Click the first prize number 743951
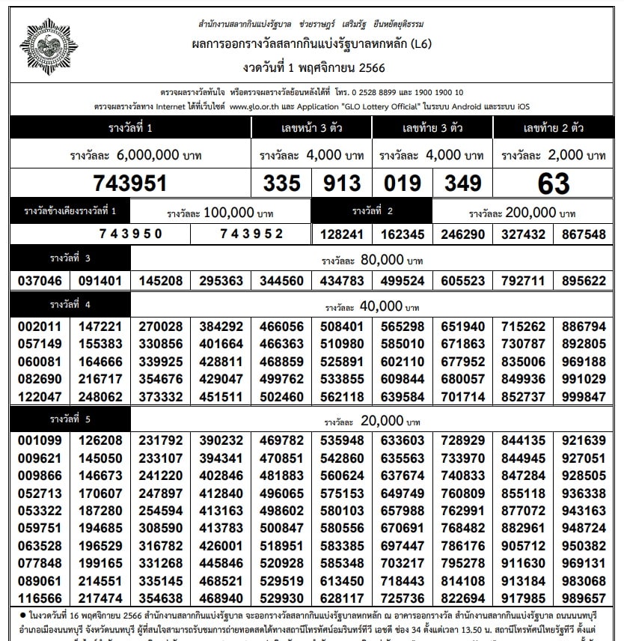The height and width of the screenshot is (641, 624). (129, 183)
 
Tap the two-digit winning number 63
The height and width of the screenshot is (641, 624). (553, 183)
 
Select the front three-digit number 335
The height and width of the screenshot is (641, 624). (281, 183)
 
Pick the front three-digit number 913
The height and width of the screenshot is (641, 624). (341, 183)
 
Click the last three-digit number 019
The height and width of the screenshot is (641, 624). (403, 183)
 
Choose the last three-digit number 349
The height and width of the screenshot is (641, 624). (462, 183)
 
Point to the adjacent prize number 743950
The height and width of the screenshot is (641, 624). (130, 234)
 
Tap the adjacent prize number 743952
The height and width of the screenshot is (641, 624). (251, 234)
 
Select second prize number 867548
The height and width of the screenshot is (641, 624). (584, 234)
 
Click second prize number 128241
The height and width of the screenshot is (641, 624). (341, 234)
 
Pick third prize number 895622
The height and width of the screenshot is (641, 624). (584, 281)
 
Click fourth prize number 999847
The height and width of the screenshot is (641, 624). (584, 396)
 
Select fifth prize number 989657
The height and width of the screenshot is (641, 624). (584, 598)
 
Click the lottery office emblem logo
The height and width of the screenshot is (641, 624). (49, 46)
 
